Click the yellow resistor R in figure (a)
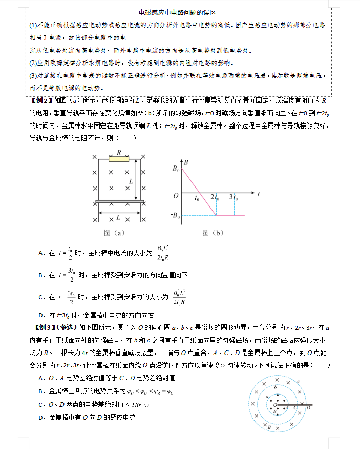coord(119,159)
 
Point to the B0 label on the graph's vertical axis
coord(176,168)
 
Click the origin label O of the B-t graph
coord(176,195)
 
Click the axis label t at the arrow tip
coord(259,194)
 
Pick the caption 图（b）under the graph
coord(213,233)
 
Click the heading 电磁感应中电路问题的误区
coord(178,12)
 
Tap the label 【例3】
coord(44,327)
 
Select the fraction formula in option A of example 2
coord(163,253)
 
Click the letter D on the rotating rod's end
coord(308,408)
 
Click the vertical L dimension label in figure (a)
coord(131,181)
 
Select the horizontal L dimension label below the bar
coord(118,217)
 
